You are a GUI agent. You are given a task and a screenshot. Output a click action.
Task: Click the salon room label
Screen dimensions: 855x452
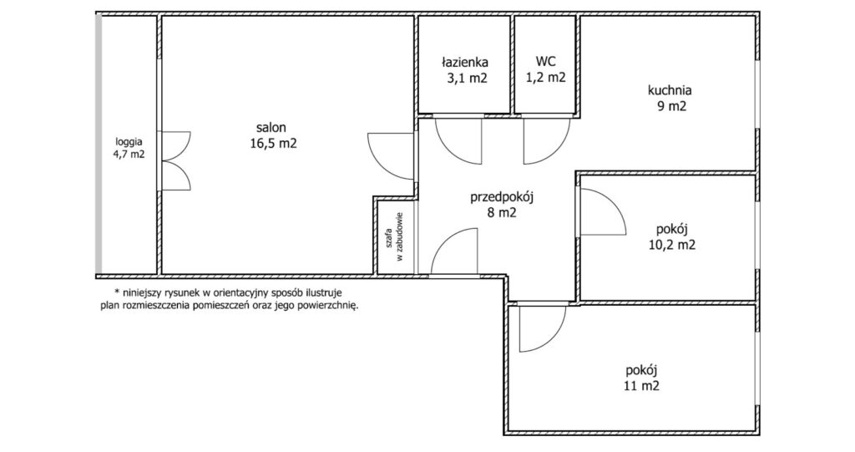point(271,128)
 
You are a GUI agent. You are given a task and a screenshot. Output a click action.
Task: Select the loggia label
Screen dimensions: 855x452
point(129,141)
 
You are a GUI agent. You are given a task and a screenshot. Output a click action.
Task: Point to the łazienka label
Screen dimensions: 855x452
point(464,62)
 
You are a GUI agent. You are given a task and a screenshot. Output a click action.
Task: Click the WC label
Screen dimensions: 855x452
point(545,61)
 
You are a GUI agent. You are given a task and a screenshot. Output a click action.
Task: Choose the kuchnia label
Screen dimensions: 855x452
point(670,90)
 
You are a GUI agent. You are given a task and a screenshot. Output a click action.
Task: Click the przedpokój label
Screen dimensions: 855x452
point(502,196)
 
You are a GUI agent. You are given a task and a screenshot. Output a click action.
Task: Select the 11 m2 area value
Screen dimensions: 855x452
point(642,387)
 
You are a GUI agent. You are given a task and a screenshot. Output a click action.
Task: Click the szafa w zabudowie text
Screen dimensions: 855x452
point(394,237)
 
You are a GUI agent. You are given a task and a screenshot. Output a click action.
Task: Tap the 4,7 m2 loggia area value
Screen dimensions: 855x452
point(129,155)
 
